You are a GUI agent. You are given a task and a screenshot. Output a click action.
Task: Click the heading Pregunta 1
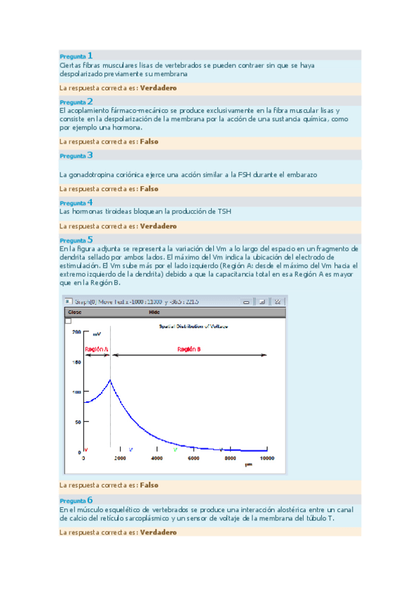tap(76, 55)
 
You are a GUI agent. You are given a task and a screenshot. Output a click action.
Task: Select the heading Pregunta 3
tap(76, 156)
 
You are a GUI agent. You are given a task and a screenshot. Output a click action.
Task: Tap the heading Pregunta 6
tap(76, 500)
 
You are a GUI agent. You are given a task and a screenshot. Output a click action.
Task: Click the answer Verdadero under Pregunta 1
tap(158, 88)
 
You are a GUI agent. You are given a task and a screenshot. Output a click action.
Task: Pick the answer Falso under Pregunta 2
tap(149, 141)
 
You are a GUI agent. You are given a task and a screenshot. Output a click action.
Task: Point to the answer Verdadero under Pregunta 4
tap(158, 226)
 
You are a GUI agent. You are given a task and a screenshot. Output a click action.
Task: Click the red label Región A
tap(96, 349)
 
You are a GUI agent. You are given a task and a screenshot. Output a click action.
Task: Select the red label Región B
tap(189, 349)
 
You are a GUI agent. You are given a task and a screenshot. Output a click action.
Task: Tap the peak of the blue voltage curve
tap(110, 380)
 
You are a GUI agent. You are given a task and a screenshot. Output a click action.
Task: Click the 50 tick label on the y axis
tap(78, 422)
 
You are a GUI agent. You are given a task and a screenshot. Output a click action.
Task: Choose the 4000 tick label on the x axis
tap(156, 458)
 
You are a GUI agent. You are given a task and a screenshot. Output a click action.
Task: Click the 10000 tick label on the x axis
tap(266, 458)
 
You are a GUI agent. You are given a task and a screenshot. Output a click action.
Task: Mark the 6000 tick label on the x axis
tap(193, 458)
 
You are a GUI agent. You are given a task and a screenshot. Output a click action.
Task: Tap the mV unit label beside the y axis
tap(97, 334)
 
